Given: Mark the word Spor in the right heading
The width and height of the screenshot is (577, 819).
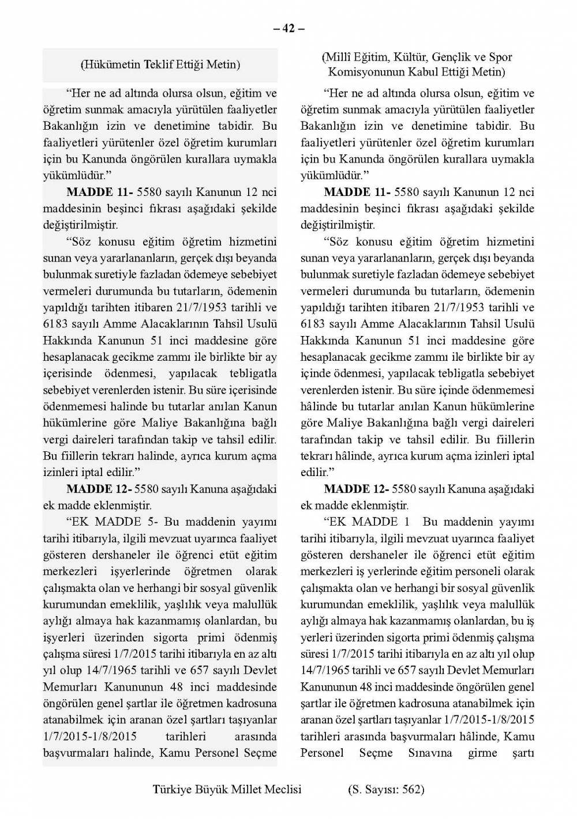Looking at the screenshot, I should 500,57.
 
